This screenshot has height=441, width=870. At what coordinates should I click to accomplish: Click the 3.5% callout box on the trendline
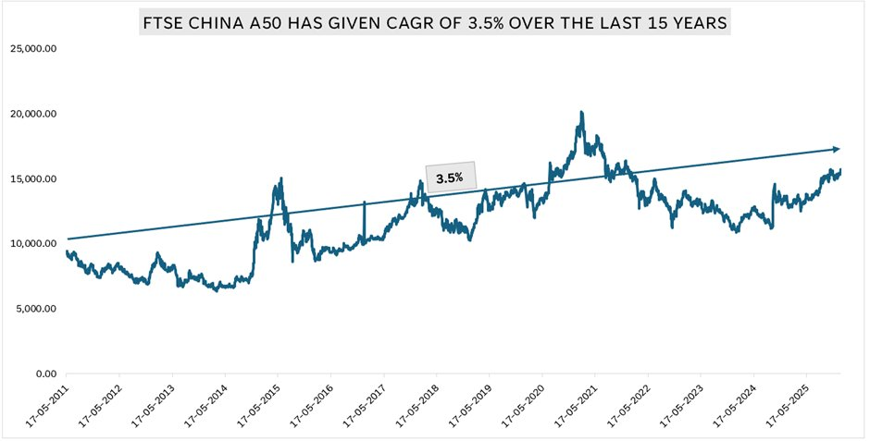click(450, 177)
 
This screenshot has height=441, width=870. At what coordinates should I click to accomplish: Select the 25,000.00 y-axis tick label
click(34, 49)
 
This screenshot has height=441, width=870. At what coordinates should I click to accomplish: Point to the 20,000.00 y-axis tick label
click(34, 114)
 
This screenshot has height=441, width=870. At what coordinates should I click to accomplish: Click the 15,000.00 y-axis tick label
click(34, 178)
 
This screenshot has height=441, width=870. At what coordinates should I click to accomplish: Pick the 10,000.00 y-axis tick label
click(34, 243)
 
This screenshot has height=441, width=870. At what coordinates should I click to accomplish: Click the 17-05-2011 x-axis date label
click(45, 408)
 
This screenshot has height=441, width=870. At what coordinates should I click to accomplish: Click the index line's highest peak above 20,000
click(580, 113)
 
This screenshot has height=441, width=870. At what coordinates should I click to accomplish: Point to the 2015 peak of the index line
click(280, 178)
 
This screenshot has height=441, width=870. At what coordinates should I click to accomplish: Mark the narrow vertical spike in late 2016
click(364, 203)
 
